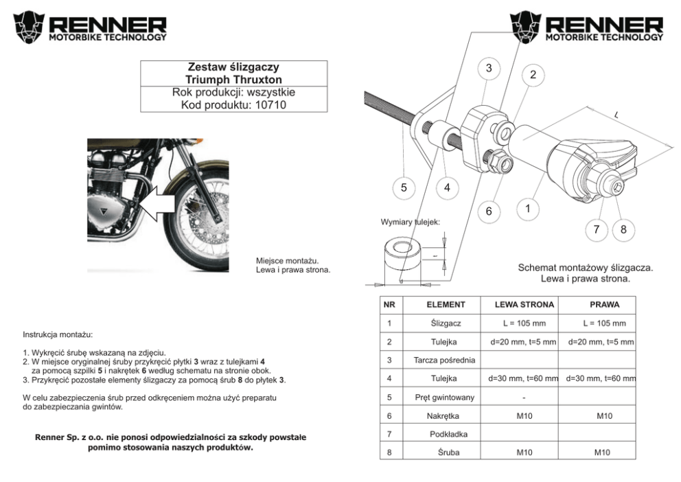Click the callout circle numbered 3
click(489, 68)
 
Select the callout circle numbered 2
click(533, 75)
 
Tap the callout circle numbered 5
click(404, 187)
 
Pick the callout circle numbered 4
click(447, 187)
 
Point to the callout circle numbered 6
click(489, 211)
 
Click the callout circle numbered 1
click(527, 207)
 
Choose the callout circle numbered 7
click(597, 229)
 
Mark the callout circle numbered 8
click(623, 229)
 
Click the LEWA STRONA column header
click(525, 304)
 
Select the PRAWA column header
click(604, 304)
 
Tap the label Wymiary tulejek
click(411, 222)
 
